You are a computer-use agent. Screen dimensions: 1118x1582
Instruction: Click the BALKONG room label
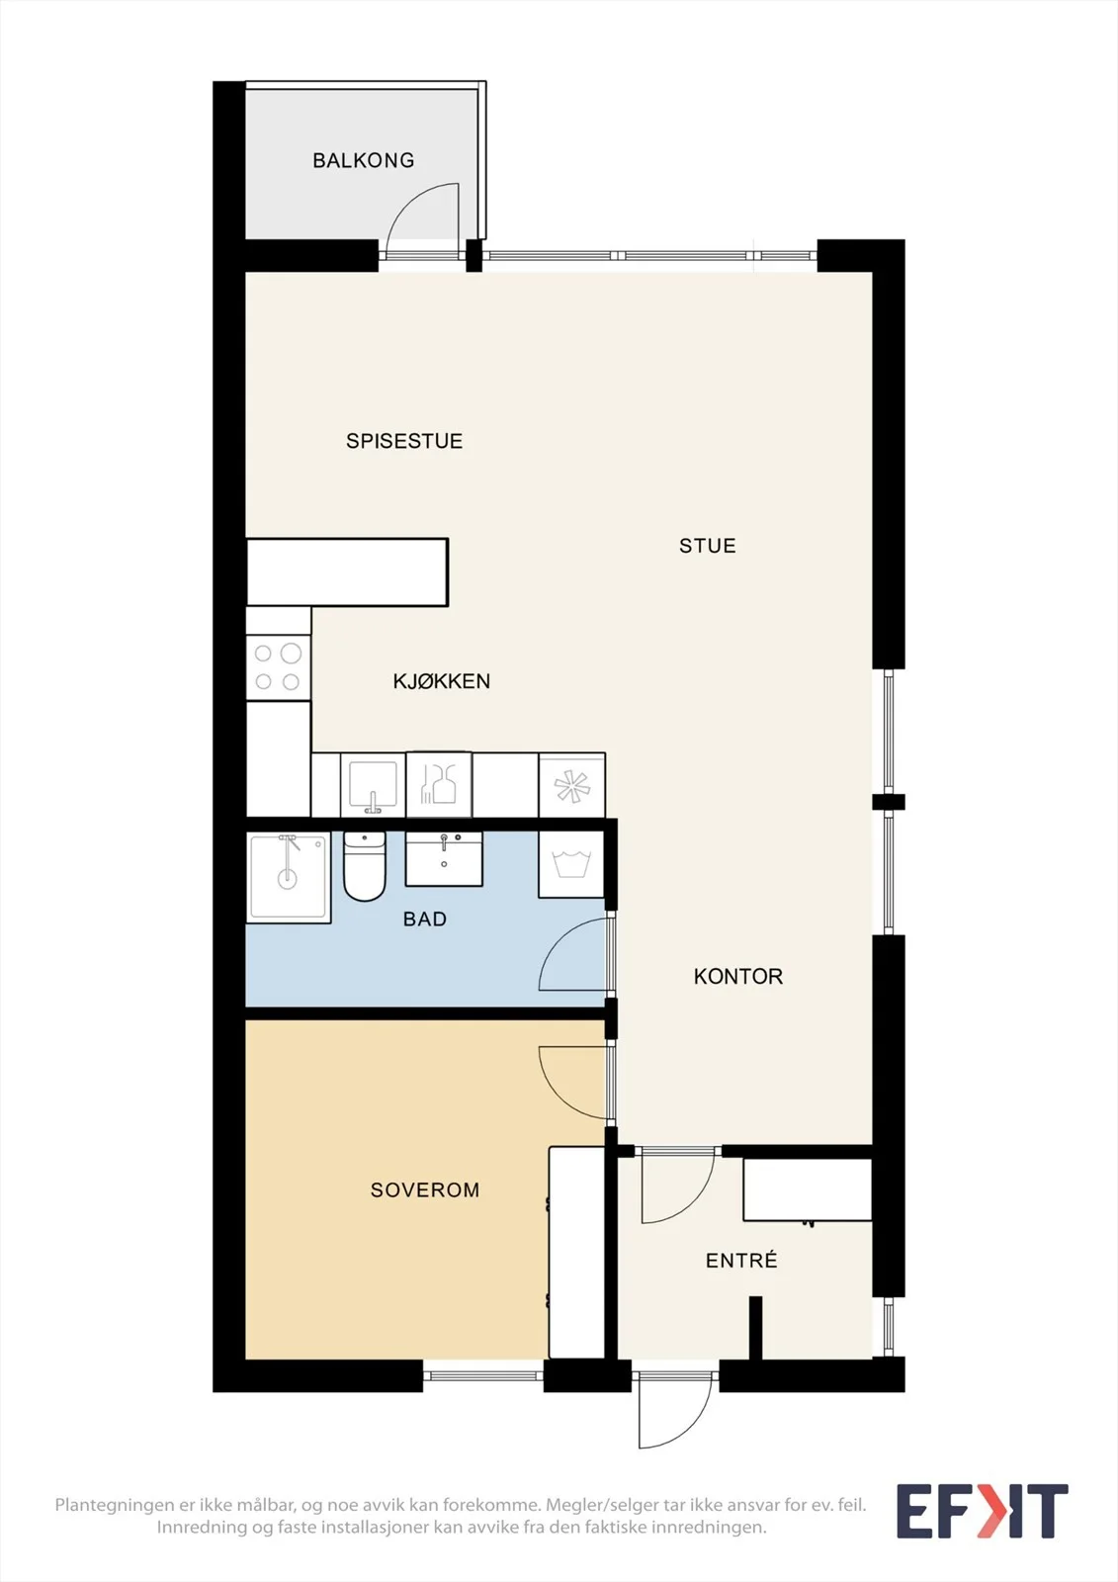(x=364, y=160)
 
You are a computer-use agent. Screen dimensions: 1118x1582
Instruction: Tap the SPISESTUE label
(x=404, y=441)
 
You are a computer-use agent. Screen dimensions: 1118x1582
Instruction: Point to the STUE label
(x=707, y=546)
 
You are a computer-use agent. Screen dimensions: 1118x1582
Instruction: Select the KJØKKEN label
(x=442, y=681)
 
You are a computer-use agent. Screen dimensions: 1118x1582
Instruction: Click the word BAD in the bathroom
(x=424, y=919)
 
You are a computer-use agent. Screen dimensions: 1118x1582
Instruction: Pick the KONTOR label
(x=738, y=977)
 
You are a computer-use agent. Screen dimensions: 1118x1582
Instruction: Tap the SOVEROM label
(x=424, y=1190)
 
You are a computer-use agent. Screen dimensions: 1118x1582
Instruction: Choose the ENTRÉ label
(x=741, y=1261)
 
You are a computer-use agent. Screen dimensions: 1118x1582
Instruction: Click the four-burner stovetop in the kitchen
(x=278, y=667)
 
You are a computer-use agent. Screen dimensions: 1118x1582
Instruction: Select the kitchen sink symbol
(x=373, y=785)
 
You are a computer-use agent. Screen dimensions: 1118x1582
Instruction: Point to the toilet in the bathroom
(x=365, y=866)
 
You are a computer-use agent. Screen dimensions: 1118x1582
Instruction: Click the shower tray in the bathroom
(x=289, y=878)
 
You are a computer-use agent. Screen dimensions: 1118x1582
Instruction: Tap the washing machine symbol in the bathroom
(x=571, y=864)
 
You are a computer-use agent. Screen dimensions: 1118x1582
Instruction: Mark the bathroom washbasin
(x=444, y=859)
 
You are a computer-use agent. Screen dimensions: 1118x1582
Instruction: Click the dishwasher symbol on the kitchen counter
(x=439, y=785)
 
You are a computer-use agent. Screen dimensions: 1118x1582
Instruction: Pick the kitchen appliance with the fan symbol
(x=572, y=785)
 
